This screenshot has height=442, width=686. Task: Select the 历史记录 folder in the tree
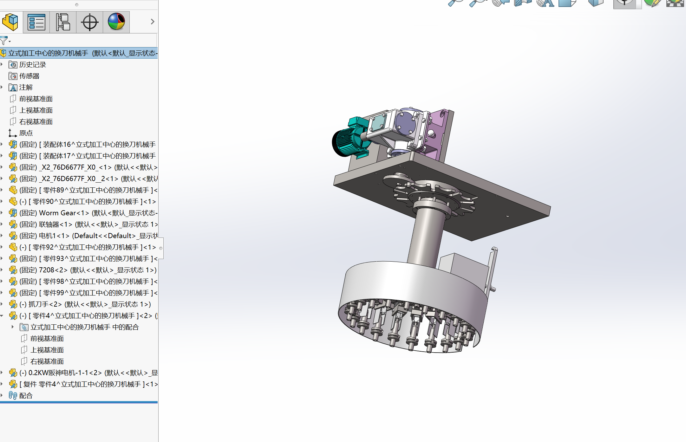pos(32,65)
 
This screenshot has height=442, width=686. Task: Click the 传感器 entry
pos(29,76)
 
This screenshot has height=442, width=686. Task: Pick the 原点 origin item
pos(26,133)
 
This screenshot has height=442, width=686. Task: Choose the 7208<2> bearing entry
pos(53,270)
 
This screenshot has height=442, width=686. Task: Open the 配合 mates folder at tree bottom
pos(26,396)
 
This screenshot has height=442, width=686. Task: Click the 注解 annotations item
pos(26,88)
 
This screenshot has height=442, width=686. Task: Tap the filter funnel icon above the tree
pos(4,41)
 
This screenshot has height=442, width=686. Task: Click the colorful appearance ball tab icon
pos(116,22)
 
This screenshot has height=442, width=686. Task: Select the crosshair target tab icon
pos(90,22)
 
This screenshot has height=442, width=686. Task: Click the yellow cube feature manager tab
pos(10,22)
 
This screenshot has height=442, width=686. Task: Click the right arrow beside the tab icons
pos(153,22)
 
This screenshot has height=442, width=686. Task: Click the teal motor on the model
pos(350,140)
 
